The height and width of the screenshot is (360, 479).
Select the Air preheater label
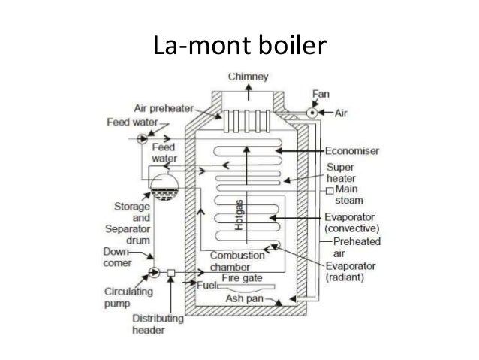[x=167, y=107]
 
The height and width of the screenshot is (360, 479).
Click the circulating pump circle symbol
[x=155, y=271]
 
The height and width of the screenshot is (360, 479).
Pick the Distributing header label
[x=158, y=325]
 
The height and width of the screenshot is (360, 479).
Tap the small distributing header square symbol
[x=172, y=271]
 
